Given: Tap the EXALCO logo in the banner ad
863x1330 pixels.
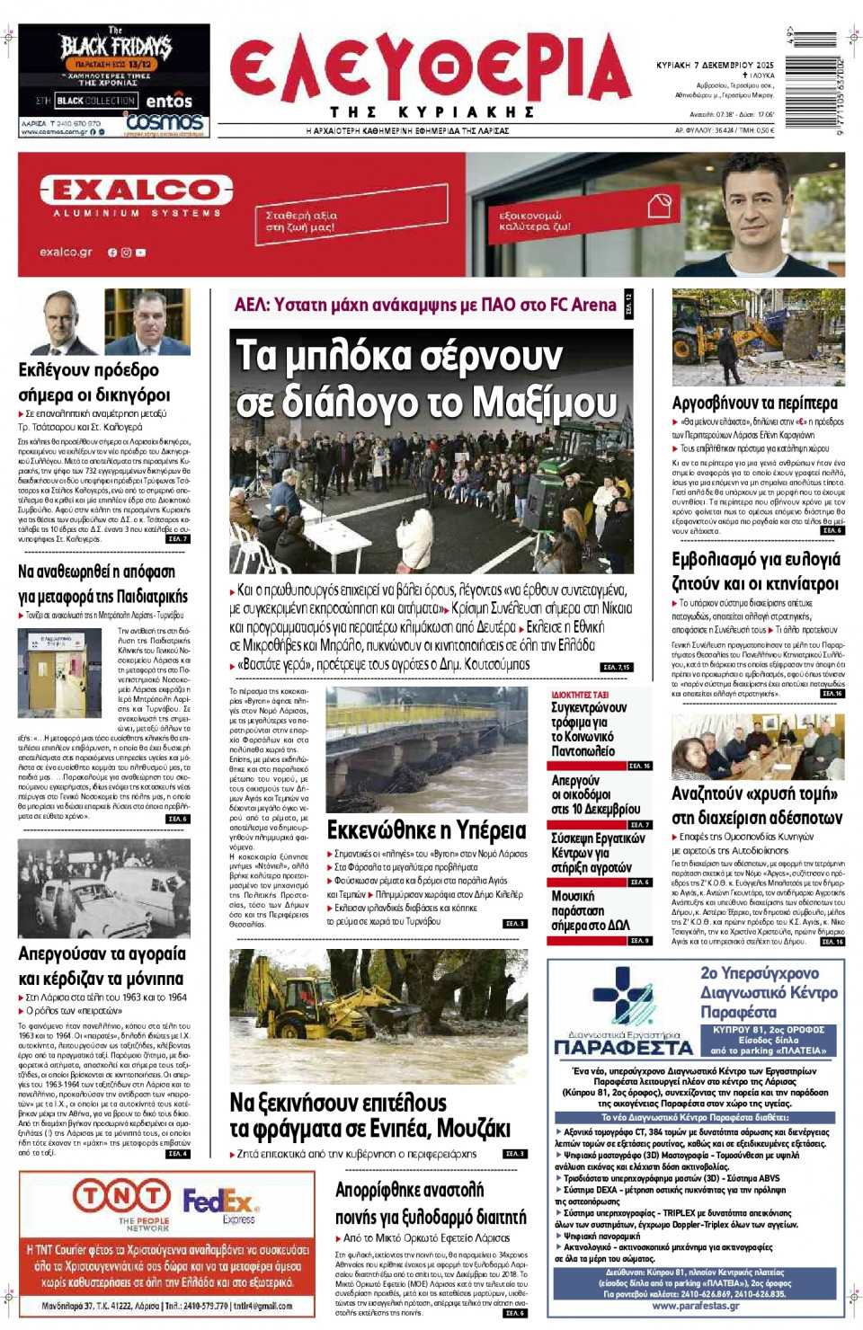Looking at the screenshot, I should point(136,191).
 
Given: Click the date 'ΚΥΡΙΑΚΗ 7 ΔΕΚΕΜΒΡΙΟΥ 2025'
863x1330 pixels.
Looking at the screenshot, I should point(715,66).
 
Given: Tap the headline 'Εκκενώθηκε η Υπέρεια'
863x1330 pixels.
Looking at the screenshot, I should point(426,829).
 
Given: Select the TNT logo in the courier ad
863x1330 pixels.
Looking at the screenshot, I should point(121,1196).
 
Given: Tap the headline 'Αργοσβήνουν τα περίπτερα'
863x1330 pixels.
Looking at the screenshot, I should point(754,403).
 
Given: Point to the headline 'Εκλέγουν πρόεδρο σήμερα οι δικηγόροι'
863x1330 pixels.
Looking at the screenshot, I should point(94,382).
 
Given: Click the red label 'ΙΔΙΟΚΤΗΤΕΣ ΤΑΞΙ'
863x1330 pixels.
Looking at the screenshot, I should point(580,695).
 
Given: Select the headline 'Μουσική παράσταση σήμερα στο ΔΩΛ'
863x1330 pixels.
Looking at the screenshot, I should point(590,910).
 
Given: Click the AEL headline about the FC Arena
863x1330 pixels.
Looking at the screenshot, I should point(425,305).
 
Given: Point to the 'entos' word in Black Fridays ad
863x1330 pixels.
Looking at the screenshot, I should point(169,101).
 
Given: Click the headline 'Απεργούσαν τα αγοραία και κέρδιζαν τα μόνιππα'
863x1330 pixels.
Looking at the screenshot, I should point(102,966).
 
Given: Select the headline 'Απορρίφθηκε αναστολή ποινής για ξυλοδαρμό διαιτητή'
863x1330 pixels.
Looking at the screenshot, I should point(431,1203).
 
